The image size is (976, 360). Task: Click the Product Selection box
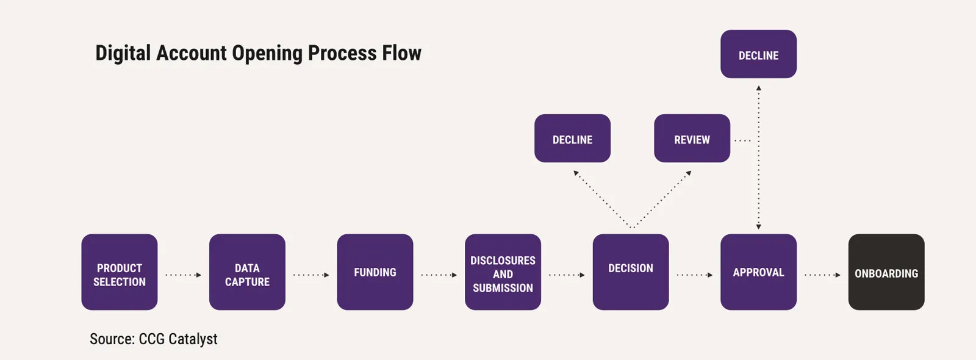coord(120,272)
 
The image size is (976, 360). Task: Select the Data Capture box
coord(247,272)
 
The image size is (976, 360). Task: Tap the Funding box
coord(375,272)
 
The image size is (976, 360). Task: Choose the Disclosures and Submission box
coord(503,272)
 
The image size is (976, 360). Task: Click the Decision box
coord(631,272)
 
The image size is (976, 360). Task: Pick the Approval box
coord(758,272)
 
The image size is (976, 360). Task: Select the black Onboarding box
coord(886,272)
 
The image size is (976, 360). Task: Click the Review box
coord(692,139)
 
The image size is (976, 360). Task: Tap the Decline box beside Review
coord(572,139)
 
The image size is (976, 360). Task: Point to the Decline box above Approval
coord(758,54)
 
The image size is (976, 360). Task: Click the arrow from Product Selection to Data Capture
coord(183,275)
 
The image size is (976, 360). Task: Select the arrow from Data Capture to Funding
coord(311,275)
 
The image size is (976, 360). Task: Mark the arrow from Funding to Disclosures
coord(439,275)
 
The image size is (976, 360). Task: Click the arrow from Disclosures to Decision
coord(567,275)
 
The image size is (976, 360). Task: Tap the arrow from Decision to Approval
coord(694,275)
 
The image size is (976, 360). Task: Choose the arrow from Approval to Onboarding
coord(822,275)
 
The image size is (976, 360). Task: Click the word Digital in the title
coord(123,53)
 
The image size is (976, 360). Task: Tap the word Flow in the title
coord(401,53)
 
